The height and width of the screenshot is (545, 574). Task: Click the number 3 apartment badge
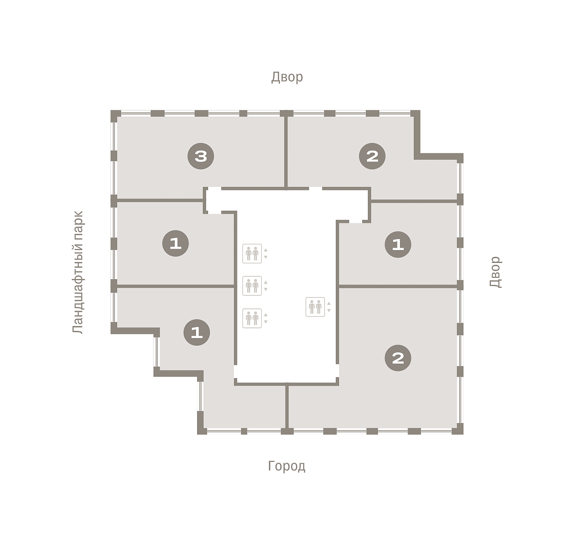pyautogui.click(x=200, y=156)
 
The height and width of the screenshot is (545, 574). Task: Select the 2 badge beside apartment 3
pyautogui.click(x=372, y=156)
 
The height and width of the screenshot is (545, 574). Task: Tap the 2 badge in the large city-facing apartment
pyautogui.click(x=398, y=358)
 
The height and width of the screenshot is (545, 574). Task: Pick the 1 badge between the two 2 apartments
pyautogui.click(x=398, y=244)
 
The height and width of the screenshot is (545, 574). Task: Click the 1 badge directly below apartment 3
pyautogui.click(x=176, y=243)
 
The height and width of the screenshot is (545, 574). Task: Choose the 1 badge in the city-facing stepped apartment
pyautogui.click(x=197, y=332)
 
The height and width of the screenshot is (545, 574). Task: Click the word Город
pyautogui.click(x=287, y=466)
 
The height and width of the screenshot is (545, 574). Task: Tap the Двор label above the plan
pyautogui.click(x=287, y=77)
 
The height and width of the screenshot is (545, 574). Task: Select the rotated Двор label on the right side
pyautogui.click(x=495, y=272)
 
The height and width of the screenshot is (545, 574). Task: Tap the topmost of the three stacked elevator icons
pyautogui.click(x=252, y=253)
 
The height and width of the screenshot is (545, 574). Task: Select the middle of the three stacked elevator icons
pyautogui.click(x=252, y=285)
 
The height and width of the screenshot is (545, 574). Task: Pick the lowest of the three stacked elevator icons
pyautogui.click(x=252, y=318)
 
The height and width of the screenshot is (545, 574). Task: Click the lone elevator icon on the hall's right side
pyautogui.click(x=315, y=306)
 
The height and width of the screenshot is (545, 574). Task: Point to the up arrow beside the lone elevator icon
pyautogui.click(x=329, y=304)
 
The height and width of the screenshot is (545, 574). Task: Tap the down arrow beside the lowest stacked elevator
pyautogui.click(x=265, y=321)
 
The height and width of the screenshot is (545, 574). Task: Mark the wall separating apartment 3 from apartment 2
pyautogui.click(x=286, y=152)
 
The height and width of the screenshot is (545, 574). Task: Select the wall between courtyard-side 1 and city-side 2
pyautogui.click(x=398, y=286)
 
